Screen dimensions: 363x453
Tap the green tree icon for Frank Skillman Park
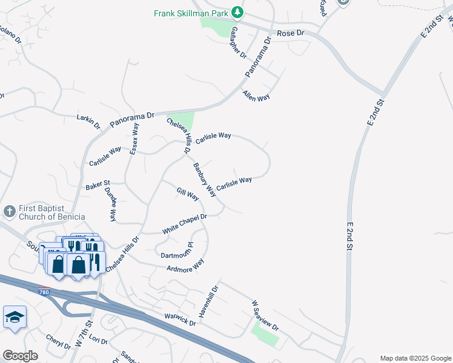[238, 11]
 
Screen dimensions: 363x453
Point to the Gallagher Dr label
[239, 42]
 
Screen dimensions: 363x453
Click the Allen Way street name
[256, 96]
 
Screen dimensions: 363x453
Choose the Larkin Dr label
[88, 120]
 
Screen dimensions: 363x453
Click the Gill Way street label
[188, 194]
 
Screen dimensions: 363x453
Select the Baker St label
[97, 184]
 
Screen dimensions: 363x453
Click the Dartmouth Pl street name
[175, 250]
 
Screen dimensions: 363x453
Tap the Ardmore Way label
[186, 266]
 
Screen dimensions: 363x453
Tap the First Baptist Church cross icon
[10, 211]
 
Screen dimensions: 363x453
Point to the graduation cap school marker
[15, 317]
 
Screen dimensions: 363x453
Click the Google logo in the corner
[20, 356]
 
